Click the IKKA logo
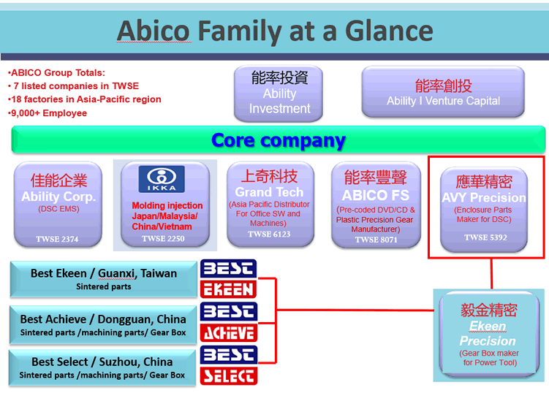click(x=162, y=179)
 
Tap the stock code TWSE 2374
click(x=57, y=240)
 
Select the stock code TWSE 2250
click(x=163, y=239)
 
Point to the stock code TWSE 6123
click(x=269, y=234)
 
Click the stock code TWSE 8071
click(x=376, y=240)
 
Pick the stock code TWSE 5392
click(x=485, y=237)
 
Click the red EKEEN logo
click(x=229, y=289)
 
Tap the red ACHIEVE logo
click(x=229, y=332)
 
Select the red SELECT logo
click(x=229, y=376)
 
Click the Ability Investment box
click(x=279, y=93)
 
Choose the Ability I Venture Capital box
click(x=443, y=92)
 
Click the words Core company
click(x=279, y=141)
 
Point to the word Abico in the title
click(x=154, y=31)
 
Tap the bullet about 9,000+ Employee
click(x=48, y=113)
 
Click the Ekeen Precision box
click(x=489, y=335)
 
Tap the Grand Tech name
click(x=269, y=192)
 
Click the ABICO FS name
click(x=375, y=195)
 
